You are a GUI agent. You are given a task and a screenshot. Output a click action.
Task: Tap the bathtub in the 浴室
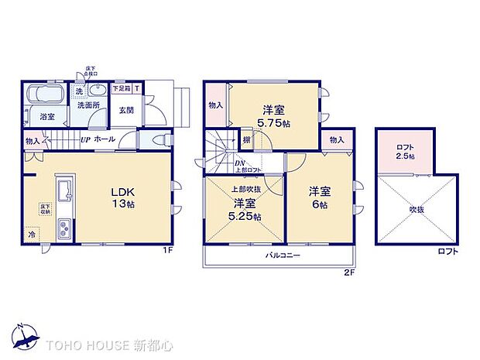point(45,98)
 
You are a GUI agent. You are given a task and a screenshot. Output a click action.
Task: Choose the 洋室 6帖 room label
point(321,197)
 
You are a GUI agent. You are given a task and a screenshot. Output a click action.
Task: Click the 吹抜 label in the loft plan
point(418,208)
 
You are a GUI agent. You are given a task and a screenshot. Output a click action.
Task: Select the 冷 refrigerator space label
point(33,235)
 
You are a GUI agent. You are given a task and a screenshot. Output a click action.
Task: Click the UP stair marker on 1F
point(86,140)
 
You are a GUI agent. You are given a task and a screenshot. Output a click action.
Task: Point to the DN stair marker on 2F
point(239,163)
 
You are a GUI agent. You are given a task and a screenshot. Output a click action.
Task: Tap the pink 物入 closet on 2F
point(216,105)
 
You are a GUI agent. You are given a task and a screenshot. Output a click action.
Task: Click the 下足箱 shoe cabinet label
point(122,88)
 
